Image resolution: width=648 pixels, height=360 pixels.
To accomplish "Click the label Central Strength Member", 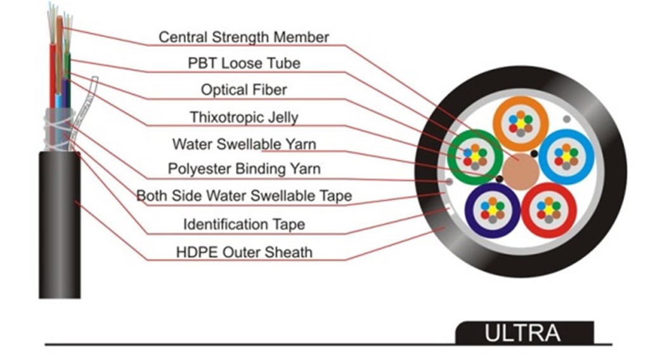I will point(243,37).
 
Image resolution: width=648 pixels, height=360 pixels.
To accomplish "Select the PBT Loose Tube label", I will point(244,63).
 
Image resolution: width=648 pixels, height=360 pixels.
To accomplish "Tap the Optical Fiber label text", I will point(243,89).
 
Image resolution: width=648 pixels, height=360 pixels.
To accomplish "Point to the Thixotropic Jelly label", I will point(243,117).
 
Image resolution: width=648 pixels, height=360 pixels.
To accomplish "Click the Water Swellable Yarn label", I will point(243,144).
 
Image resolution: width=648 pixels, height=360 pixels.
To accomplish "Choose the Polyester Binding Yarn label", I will point(243,169).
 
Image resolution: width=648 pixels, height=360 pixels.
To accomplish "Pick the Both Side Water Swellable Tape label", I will point(243,196).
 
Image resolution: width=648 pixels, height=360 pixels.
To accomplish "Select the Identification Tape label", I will point(243,224).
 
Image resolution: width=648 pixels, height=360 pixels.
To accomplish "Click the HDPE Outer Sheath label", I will point(243,252).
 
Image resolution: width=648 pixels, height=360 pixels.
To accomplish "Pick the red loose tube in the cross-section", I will point(548,210).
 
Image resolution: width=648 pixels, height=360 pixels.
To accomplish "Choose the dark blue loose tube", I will point(493,210).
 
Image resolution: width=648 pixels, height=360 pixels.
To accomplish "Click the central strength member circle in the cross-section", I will point(521,171).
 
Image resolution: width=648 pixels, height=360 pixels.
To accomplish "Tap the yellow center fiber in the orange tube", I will point(521,123).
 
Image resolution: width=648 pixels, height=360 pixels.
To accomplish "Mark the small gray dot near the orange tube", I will point(566,119).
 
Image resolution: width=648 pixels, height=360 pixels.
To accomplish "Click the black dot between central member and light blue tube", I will point(535,154).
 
